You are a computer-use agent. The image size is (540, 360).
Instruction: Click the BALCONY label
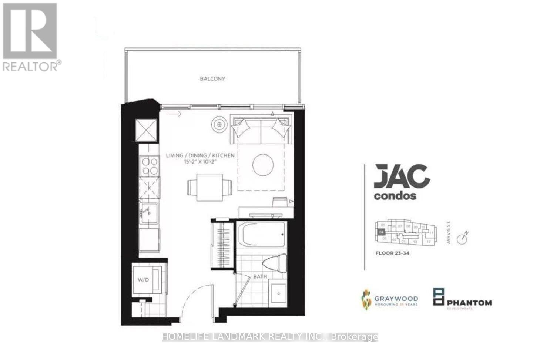click(212, 79)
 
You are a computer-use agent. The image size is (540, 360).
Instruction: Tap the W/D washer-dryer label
click(143, 280)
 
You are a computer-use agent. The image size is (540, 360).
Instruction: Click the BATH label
click(260, 276)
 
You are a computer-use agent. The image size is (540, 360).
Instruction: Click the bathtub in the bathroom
click(262, 234)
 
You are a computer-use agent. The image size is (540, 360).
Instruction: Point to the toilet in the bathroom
click(275, 263)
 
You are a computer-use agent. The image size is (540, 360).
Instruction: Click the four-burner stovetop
click(150, 166)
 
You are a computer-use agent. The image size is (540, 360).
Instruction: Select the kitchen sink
click(149, 213)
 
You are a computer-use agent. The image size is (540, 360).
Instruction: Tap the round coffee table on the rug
click(264, 165)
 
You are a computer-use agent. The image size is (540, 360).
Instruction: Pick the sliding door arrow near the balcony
click(174, 114)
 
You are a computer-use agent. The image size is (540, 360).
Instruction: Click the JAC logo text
click(402, 177)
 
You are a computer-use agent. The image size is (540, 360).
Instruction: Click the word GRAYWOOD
click(396, 298)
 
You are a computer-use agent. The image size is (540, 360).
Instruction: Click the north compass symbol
click(462, 239)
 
